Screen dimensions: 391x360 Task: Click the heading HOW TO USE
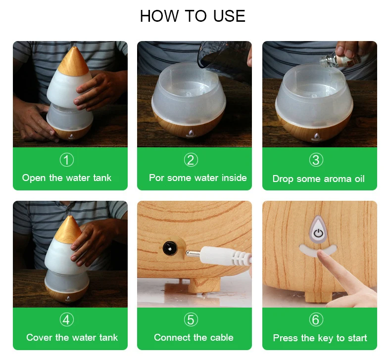coord(193,16)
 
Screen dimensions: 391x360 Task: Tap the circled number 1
coord(67,160)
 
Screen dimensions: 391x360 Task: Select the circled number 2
coord(191,160)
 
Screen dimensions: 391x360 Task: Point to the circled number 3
coord(316,160)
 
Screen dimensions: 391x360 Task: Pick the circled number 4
coord(67,319)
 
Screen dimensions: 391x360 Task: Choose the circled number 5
coord(191,319)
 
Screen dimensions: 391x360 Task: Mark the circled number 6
coord(316,319)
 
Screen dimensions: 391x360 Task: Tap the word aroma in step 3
coord(336,179)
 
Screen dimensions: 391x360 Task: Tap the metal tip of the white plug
coord(193,254)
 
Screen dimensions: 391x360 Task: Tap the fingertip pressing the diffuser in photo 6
coord(321,255)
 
